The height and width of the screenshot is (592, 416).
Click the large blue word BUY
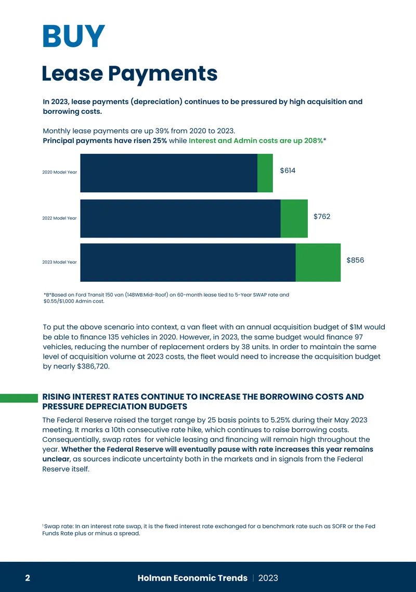click(74, 36)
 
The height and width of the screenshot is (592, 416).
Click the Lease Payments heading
click(129, 74)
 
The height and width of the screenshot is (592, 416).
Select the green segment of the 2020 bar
click(265, 173)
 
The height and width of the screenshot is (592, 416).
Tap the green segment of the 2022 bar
click(294, 219)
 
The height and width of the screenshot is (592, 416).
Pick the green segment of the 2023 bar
click(318, 262)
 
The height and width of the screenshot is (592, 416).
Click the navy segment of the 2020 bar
click(169, 173)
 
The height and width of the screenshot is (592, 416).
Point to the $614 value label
click(288, 170)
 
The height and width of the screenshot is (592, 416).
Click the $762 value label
click(322, 216)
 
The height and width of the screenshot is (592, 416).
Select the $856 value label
click(355, 260)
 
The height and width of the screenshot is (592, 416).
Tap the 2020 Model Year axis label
click(59, 172)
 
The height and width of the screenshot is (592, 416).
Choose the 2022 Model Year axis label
click(59, 218)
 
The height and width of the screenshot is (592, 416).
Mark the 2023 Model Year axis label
click(59, 262)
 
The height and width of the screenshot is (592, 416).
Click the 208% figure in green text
click(314, 141)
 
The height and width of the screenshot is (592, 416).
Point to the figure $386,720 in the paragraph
click(93, 366)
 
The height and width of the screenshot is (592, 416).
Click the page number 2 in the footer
click(28, 578)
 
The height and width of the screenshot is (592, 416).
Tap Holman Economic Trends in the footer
click(192, 578)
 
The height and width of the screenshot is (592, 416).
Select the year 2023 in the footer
click(268, 578)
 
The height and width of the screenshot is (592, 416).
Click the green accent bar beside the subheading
click(19, 398)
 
